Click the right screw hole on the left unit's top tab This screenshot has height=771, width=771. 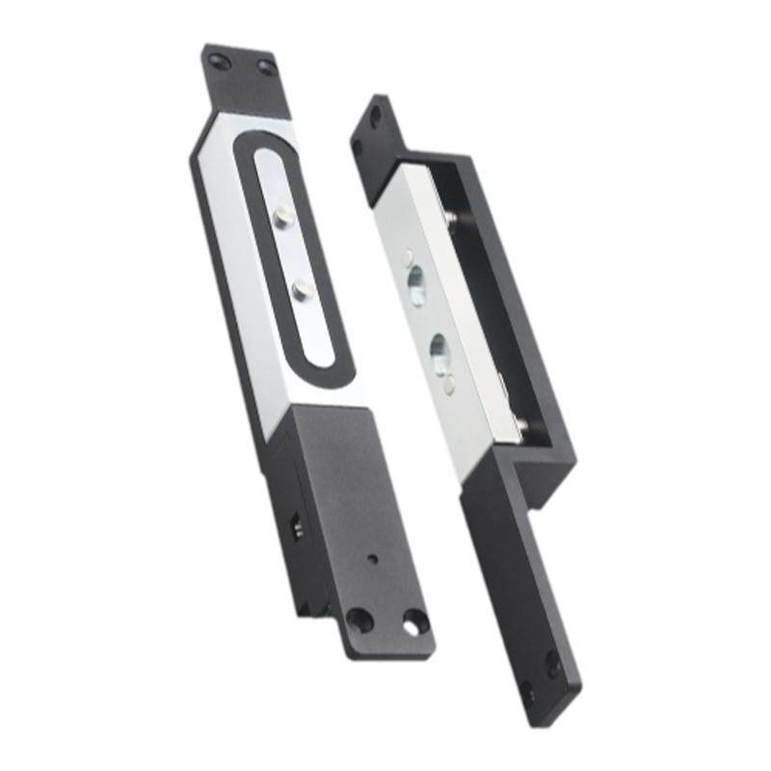[x=265, y=66]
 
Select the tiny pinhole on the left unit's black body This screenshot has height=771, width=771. [x=372, y=559]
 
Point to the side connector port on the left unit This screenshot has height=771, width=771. [x=295, y=528]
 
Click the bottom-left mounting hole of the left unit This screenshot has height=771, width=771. [x=359, y=618]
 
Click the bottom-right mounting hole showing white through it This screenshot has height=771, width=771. [x=414, y=623]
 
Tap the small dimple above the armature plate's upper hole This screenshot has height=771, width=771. [x=406, y=255]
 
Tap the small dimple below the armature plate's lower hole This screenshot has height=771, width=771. [x=449, y=385]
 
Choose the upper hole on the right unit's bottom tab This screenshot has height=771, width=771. [x=552, y=662]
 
